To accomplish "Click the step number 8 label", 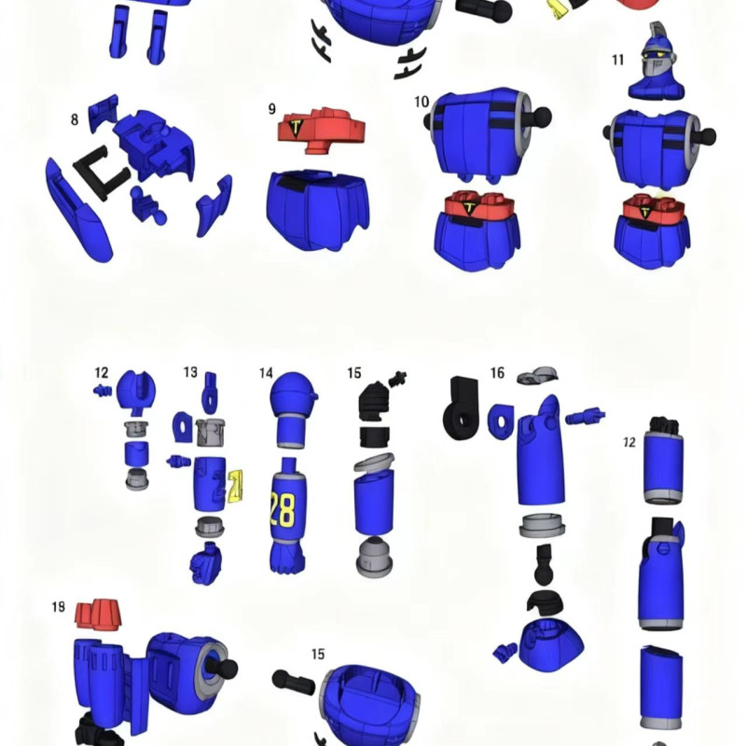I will [x=74, y=119].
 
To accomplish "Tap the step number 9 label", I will [x=272, y=109].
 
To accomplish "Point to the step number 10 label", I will [x=421, y=101].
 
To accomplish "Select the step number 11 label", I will [x=618, y=61].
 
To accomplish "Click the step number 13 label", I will [x=190, y=372].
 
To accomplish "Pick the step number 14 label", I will [x=266, y=373].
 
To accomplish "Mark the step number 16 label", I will [x=497, y=373].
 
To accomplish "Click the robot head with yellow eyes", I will [x=656, y=61].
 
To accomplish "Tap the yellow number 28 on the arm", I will [x=281, y=509].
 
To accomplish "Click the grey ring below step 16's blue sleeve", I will [x=543, y=525].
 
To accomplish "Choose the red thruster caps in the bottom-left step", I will [x=99, y=613].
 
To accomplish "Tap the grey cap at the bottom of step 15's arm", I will [x=374, y=558].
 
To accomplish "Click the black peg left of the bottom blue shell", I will [x=293, y=682].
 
